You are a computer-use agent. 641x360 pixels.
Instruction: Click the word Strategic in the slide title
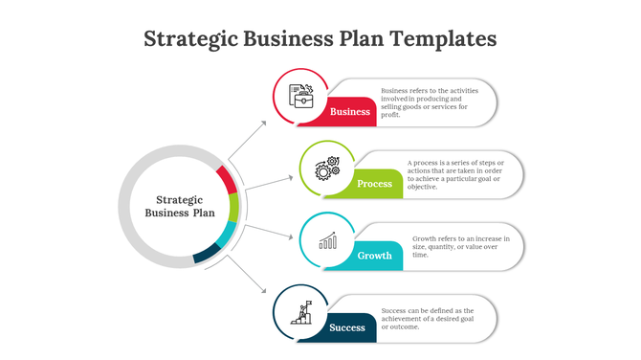187,39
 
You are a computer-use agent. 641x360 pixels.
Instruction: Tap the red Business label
350,111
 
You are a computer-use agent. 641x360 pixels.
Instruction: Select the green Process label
375,183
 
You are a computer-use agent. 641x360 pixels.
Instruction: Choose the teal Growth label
375,256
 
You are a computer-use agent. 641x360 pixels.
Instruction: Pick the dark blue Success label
348,327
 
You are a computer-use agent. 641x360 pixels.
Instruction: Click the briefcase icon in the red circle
301,95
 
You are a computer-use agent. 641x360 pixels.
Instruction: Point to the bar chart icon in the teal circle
328,239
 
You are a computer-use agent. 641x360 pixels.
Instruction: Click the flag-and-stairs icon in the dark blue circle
301,312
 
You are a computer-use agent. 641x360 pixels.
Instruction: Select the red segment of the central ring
227,179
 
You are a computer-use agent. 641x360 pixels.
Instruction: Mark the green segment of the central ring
234,207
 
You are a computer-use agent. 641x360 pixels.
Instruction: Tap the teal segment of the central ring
227,234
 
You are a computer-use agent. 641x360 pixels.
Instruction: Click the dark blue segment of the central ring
207,253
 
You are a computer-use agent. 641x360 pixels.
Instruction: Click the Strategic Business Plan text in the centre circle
179,206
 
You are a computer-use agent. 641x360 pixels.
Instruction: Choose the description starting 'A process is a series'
455,174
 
